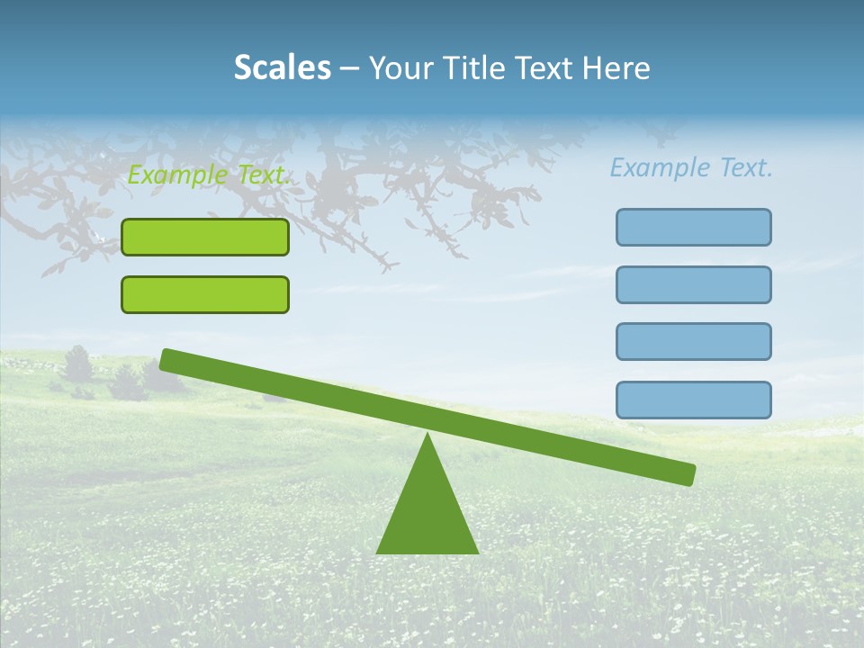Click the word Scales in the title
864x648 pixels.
click(282, 67)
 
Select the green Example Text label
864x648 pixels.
click(209, 175)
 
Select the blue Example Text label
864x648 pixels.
click(691, 167)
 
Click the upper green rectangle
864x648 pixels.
click(205, 237)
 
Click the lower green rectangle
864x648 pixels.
click(205, 294)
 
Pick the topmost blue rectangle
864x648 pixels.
click(693, 227)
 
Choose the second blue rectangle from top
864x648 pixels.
click(693, 284)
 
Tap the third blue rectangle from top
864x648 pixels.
click(693, 341)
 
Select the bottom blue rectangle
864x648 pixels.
click(693, 400)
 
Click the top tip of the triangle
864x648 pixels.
click(428, 435)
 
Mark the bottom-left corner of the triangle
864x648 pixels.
click(378, 552)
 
